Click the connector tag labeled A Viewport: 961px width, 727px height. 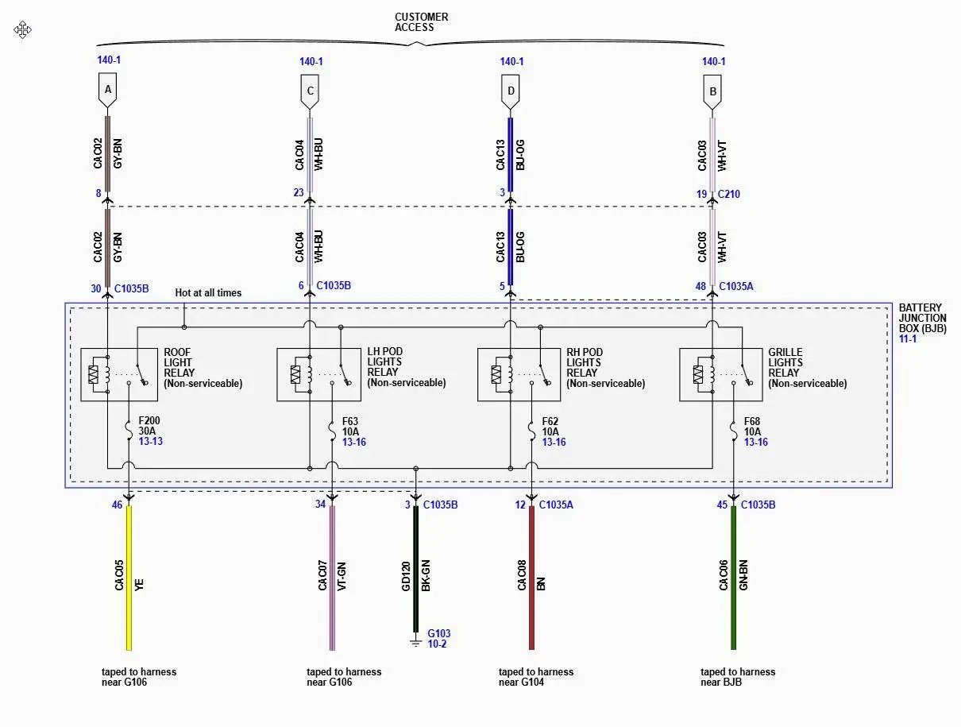pos(108,90)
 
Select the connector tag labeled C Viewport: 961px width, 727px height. pos(310,91)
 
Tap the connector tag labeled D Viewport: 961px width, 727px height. pos(511,91)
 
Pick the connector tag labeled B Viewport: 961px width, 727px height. pos(712,92)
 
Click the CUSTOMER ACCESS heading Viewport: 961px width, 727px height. pos(421,22)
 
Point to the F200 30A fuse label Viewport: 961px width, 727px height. pos(149,426)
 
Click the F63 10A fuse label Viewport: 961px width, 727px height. pos(350,426)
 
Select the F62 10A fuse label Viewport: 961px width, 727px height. pos(550,426)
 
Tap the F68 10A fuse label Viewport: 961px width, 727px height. pos(752,426)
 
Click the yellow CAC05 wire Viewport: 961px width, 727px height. pos(129,578)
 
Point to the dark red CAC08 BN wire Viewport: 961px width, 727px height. pos(531,578)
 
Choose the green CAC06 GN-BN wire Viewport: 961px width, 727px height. pos(734,578)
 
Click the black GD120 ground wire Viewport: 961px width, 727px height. pos(416,568)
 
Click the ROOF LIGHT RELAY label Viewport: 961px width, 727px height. pos(178,362)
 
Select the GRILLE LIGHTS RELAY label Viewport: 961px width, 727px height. pos(785,362)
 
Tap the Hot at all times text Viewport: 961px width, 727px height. pos(208,292)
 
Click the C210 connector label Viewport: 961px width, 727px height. pos(729,194)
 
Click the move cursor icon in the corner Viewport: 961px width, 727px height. pos(22,29)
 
